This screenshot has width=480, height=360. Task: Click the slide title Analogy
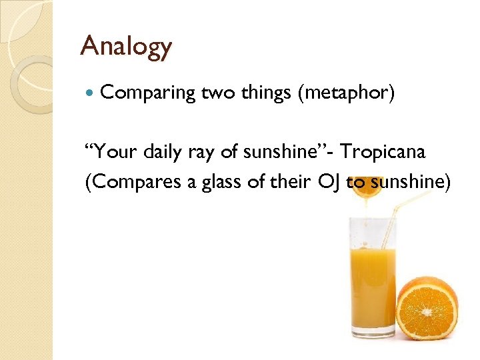[x=125, y=47]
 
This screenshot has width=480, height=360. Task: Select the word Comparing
[x=147, y=94]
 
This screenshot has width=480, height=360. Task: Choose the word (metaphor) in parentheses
[x=347, y=94]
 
